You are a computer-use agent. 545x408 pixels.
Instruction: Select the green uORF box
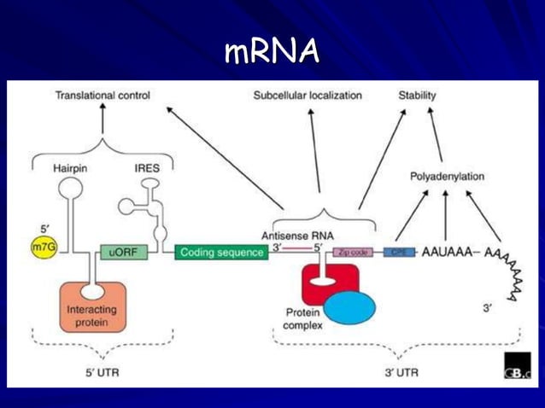coord(120,252)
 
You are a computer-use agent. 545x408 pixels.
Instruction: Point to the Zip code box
coord(353,253)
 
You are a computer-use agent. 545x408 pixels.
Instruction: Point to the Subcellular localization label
coord(308,96)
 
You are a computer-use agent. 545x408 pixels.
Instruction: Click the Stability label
coord(417,96)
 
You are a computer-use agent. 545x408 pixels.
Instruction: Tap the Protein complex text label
coord(302,318)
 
